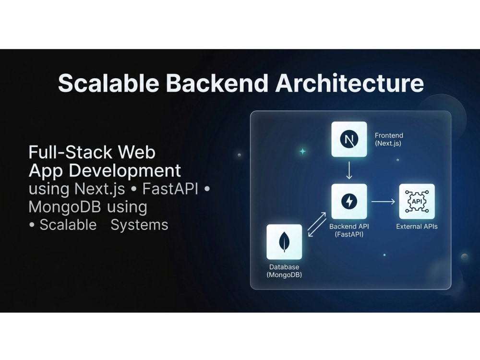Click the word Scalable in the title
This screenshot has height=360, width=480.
pos(108,83)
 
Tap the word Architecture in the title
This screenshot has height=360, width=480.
pos(349,83)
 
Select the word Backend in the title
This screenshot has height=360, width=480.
pos(217,83)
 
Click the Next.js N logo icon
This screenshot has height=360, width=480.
pos(349,139)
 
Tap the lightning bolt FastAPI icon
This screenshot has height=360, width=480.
pos(349,202)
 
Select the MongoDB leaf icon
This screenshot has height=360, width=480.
pos(284,242)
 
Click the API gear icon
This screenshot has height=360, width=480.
pos(417,202)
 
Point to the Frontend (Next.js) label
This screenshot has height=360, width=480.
pos(389,139)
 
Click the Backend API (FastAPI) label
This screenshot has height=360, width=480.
pos(349,230)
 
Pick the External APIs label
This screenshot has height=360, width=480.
pos(417,227)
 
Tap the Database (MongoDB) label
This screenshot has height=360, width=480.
pos(284,271)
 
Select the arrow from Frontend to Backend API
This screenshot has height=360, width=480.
pos(349,170)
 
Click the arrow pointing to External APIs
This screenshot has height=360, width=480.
pos(383,202)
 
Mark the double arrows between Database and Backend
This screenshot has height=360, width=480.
pos(317,224)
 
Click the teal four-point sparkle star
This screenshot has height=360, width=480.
pos(302,151)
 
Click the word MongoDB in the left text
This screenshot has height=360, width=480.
pos(65,206)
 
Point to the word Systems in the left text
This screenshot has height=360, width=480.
pos(139,225)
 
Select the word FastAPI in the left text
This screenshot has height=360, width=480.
pos(170,189)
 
